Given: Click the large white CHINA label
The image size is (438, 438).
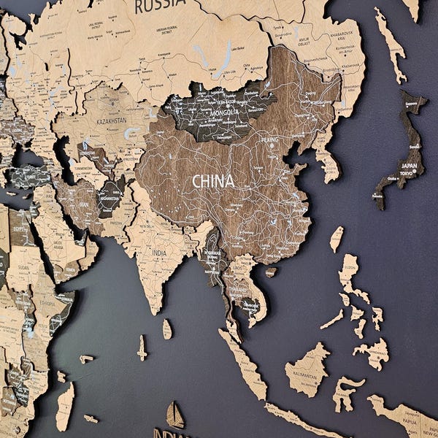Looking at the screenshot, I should (213, 180).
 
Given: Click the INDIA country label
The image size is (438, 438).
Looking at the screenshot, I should (158, 253).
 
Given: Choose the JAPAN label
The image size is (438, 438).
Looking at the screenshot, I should (409, 166).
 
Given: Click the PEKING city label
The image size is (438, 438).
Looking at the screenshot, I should (270, 139).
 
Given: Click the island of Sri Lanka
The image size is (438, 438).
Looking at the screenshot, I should (167, 329).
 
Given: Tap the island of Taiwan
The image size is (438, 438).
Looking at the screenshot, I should (337, 238).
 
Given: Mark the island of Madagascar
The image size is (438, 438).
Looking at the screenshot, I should (65, 406).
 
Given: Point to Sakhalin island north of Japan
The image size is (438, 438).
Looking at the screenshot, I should (391, 43).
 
